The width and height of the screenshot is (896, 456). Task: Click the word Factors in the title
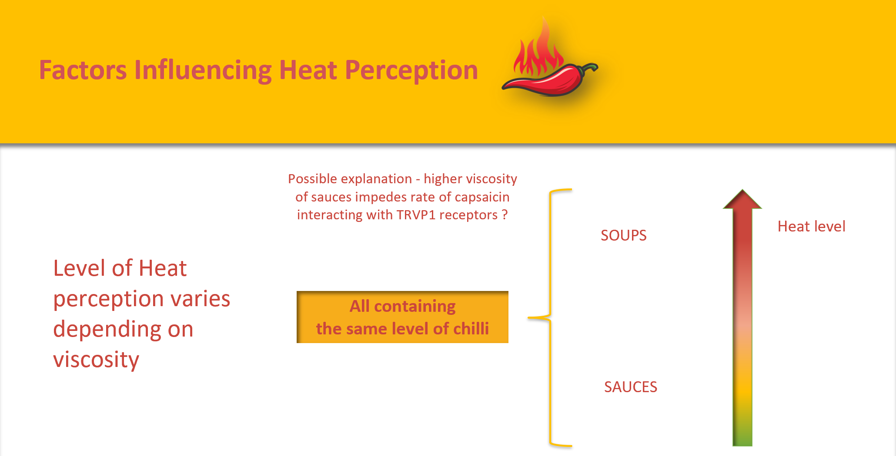[83, 70]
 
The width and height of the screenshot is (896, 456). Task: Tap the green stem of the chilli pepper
[589, 67]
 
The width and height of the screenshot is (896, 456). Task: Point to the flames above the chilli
[539, 52]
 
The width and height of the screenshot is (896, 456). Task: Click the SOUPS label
[623, 235]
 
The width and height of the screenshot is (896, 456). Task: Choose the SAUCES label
[630, 387]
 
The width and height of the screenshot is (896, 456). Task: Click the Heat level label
[811, 226]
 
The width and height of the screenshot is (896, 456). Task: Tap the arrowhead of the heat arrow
[742, 200]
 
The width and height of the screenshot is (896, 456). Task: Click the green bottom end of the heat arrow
[742, 436]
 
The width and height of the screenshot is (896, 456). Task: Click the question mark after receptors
[505, 215]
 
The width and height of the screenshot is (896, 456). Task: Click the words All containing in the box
[402, 306]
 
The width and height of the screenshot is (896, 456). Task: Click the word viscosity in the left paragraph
[96, 360]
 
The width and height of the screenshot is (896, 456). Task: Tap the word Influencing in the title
[203, 70]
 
